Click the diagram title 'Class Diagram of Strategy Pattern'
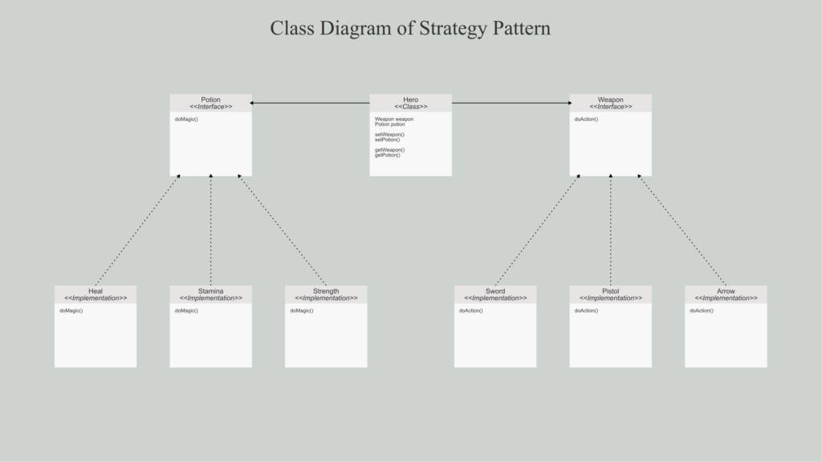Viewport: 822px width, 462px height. click(x=410, y=28)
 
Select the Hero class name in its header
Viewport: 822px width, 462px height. click(x=410, y=99)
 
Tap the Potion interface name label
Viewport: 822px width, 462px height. click(x=211, y=99)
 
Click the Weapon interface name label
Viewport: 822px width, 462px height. click(x=610, y=99)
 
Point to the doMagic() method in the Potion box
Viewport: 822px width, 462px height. click(x=186, y=120)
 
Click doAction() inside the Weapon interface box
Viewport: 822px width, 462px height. click(x=586, y=120)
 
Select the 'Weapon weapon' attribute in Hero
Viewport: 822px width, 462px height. click(x=394, y=119)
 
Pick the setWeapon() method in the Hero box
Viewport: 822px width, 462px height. click(x=389, y=135)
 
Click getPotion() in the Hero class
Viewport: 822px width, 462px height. click(x=388, y=155)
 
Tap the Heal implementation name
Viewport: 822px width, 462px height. click(x=96, y=291)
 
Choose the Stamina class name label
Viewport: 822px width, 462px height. click(x=211, y=291)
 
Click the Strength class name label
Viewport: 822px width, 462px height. click(x=326, y=291)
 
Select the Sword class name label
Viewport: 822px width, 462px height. click(x=495, y=291)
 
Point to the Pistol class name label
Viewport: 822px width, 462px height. click(x=611, y=291)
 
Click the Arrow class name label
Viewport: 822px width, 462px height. click(x=726, y=291)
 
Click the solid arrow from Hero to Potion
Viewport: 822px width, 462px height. click(x=310, y=103)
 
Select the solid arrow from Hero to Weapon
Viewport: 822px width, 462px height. click(x=511, y=103)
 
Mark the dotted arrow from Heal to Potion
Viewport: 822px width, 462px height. click(x=138, y=230)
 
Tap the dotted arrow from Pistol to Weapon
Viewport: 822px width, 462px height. click(x=611, y=230)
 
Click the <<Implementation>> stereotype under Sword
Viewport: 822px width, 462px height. click(x=495, y=298)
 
